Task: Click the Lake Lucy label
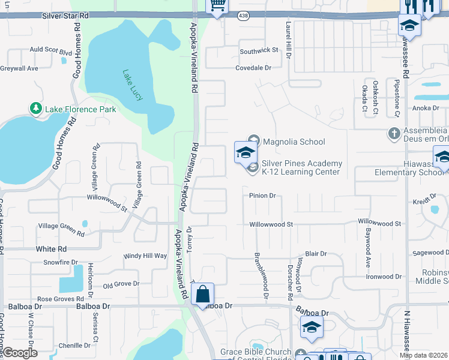click(x=133, y=86)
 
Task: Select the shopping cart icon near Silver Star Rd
click(x=217, y=6)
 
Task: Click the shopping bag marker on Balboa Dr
click(x=203, y=295)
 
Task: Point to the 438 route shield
click(x=243, y=14)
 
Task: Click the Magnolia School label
click(x=294, y=142)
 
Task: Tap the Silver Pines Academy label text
click(x=301, y=167)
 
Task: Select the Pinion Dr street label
click(x=262, y=196)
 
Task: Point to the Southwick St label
click(x=259, y=51)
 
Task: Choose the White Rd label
click(x=51, y=248)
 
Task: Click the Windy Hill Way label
click(x=145, y=256)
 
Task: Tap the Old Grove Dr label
click(x=121, y=284)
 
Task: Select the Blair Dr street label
click(x=315, y=254)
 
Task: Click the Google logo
click(x=19, y=352)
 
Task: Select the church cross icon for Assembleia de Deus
click(x=394, y=133)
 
